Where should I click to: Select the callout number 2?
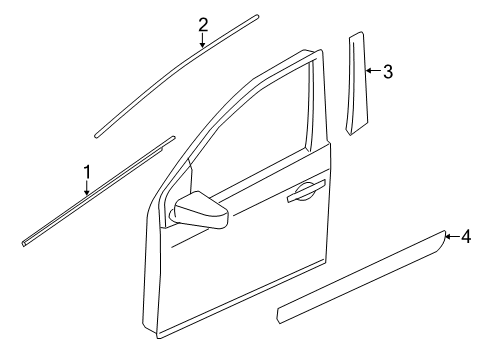(203, 25)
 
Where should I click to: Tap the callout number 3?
(386, 71)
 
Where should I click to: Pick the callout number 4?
(465, 237)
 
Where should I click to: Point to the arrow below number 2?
(203, 41)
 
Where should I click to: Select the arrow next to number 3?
(371, 71)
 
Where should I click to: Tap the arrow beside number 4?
(451, 237)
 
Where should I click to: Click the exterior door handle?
(305, 197)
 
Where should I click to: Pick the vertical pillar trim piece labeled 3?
(355, 85)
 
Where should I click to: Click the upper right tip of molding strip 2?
(255, 17)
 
